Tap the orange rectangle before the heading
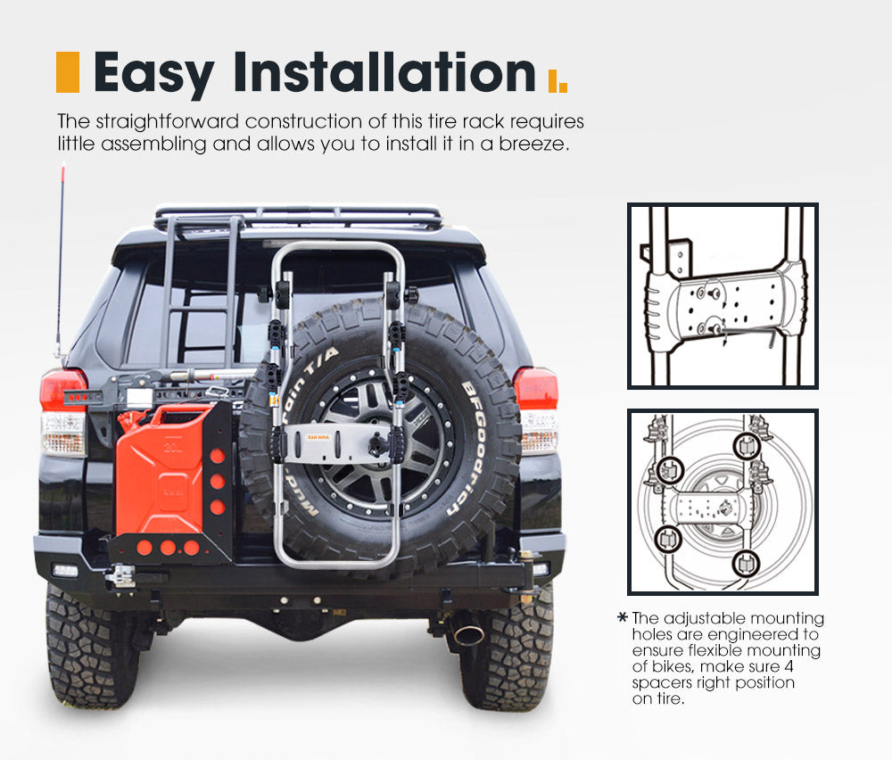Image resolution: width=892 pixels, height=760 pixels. [67, 72]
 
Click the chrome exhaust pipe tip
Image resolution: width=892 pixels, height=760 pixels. [468, 634]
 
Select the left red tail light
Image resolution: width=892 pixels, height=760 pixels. [63, 391]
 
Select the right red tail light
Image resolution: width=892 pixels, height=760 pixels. [535, 388]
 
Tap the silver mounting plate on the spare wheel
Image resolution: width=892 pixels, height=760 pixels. [332, 442]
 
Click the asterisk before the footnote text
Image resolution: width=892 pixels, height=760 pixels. [622, 617]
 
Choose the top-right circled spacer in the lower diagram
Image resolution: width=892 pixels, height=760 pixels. [746, 445]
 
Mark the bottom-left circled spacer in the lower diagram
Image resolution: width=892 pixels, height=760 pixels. [667, 538]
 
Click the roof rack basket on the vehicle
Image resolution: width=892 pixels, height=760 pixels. [298, 217]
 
